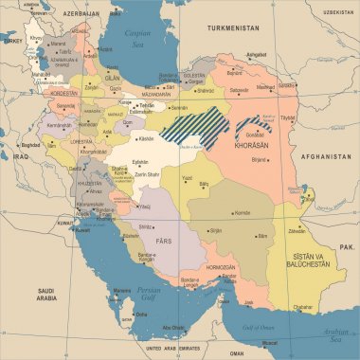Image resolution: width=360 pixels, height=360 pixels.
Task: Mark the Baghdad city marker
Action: pos(15,145)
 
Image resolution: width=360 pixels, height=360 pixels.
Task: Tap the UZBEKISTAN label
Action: pos(336,11)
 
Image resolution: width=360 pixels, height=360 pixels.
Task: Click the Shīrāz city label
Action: pos(145,226)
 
